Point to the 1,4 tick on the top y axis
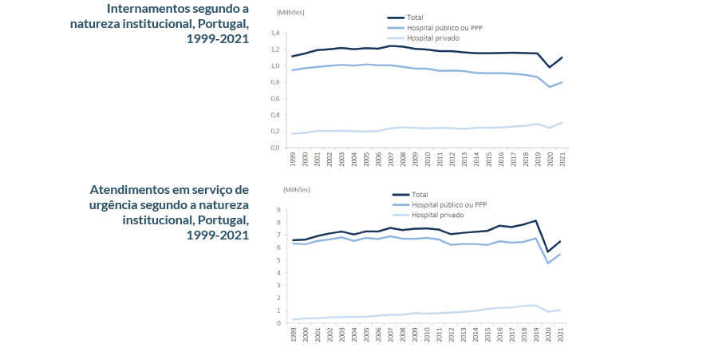click(x=276, y=34)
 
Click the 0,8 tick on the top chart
click(x=276, y=82)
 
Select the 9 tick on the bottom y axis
click(x=279, y=210)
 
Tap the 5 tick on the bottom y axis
click(x=279, y=260)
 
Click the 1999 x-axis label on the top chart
click(x=293, y=159)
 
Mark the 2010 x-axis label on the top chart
click(x=428, y=159)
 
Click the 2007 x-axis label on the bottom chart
click(x=391, y=335)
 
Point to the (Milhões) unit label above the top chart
click(x=290, y=14)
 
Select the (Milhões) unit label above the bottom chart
click(x=296, y=189)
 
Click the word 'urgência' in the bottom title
click(x=116, y=205)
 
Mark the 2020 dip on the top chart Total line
click(x=550, y=67)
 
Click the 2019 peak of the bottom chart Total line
click(x=537, y=220)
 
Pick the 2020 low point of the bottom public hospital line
click(x=550, y=263)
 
